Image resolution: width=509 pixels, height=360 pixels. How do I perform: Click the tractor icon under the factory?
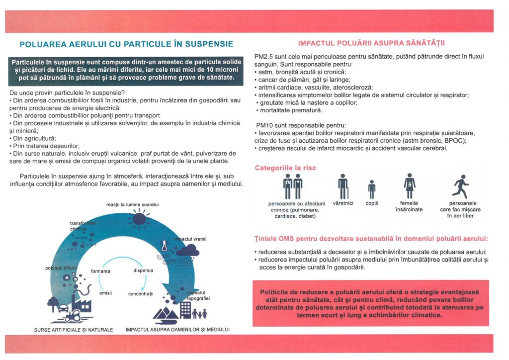(x=72, y=315)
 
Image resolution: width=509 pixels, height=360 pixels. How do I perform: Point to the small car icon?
(x=64, y=308)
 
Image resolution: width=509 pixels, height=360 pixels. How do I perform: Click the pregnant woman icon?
(x=410, y=185)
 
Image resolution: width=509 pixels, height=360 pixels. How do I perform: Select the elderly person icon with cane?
(x=343, y=186)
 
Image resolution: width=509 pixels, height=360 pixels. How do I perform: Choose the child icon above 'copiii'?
(x=371, y=189)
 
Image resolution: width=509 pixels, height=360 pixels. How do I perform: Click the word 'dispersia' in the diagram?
(x=143, y=271)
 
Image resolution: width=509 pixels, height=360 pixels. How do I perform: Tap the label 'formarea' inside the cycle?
(x=101, y=271)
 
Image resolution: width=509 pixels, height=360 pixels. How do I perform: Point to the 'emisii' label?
(x=105, y=293)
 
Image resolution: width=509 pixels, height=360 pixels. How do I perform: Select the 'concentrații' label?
(x=141, y=294)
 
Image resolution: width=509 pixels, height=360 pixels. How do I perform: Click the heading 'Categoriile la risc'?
(x=285, y=168)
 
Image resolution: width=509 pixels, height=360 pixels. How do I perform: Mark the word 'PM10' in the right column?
(x=263, y=125)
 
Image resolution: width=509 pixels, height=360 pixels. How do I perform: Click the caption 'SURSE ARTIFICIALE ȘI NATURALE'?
(x=74, y=330)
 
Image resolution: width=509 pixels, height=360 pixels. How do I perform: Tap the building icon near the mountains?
(x=185, y=309)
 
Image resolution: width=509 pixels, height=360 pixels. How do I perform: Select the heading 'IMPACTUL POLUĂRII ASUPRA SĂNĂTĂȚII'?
(x=371, y=42)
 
